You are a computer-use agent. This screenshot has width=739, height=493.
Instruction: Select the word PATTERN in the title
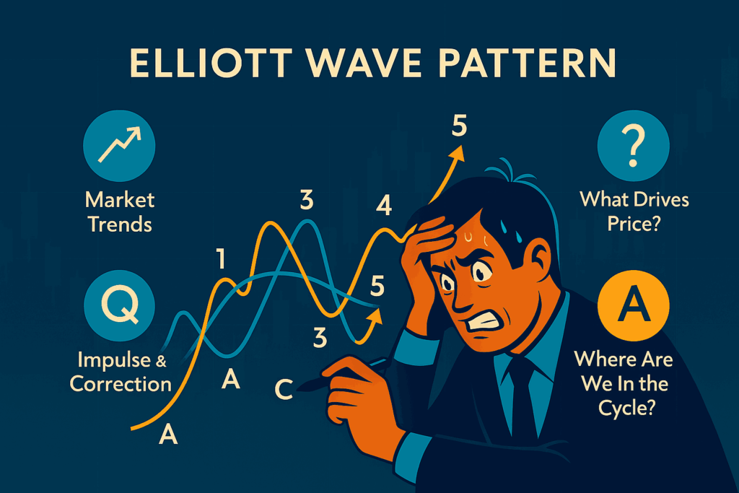click(x=527, y=63)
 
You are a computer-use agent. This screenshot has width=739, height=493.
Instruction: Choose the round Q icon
click(x=119, y=305)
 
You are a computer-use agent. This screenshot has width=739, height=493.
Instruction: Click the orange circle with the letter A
click(x=634, y=305)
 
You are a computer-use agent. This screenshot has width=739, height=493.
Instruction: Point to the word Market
click(x=120, y=200)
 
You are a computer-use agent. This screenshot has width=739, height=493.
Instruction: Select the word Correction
click(x=121, y=384)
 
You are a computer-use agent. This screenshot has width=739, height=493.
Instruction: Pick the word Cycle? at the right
click(x=627, y=408)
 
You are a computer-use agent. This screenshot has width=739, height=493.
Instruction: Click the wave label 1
click(x=220, y=258)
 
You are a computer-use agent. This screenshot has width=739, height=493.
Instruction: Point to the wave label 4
click(x=384, y=206)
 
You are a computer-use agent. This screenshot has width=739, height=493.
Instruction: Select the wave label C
click(x=284, y=389)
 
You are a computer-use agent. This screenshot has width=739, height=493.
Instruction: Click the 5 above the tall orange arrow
click(x=459, y=126)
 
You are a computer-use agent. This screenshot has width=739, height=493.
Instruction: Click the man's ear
click(x=541, y=258)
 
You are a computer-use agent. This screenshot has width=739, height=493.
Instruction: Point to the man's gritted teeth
click(x=481, y=323)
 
